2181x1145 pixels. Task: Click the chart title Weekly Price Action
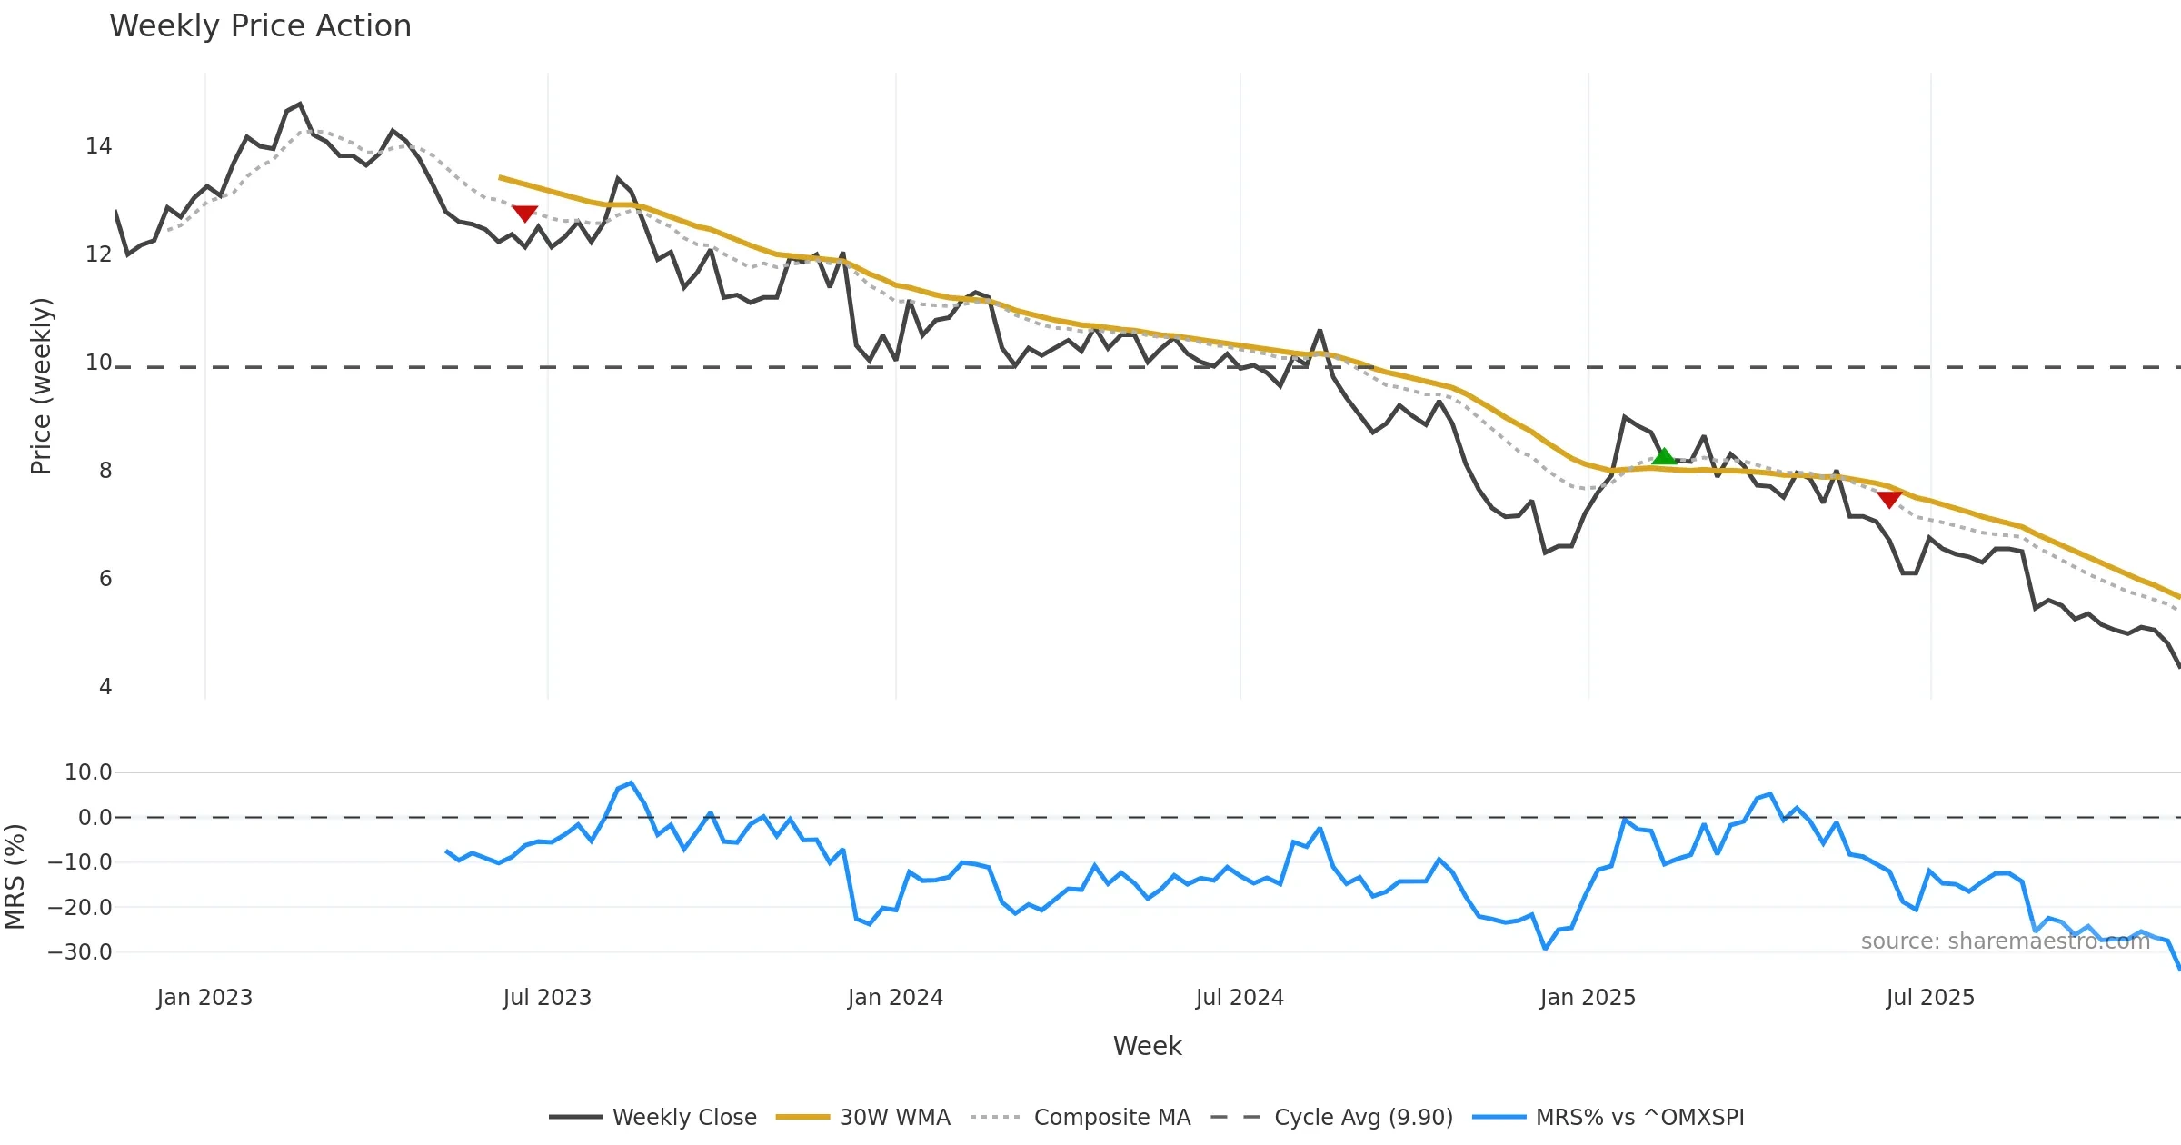[260, 26]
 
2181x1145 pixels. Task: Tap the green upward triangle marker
[1663, 456]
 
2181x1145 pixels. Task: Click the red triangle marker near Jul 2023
[524, 214]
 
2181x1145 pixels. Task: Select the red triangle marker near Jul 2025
[1889, 499]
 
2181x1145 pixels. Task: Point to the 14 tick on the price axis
[98, 146]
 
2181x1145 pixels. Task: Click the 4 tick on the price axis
[105, 687]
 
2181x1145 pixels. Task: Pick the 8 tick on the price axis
[105, 471]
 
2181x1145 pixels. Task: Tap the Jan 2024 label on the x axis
[895, 998]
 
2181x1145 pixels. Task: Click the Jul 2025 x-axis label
[1930, 998]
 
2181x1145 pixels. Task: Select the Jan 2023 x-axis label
[204, 998]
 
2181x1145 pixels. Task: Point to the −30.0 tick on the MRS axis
[80, 952]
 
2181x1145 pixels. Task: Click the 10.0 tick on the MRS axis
[88, 772]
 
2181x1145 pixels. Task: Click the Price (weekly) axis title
[41, 386]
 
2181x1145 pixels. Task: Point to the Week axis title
[1147, 1046]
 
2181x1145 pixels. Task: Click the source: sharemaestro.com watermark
[2005, 941]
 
